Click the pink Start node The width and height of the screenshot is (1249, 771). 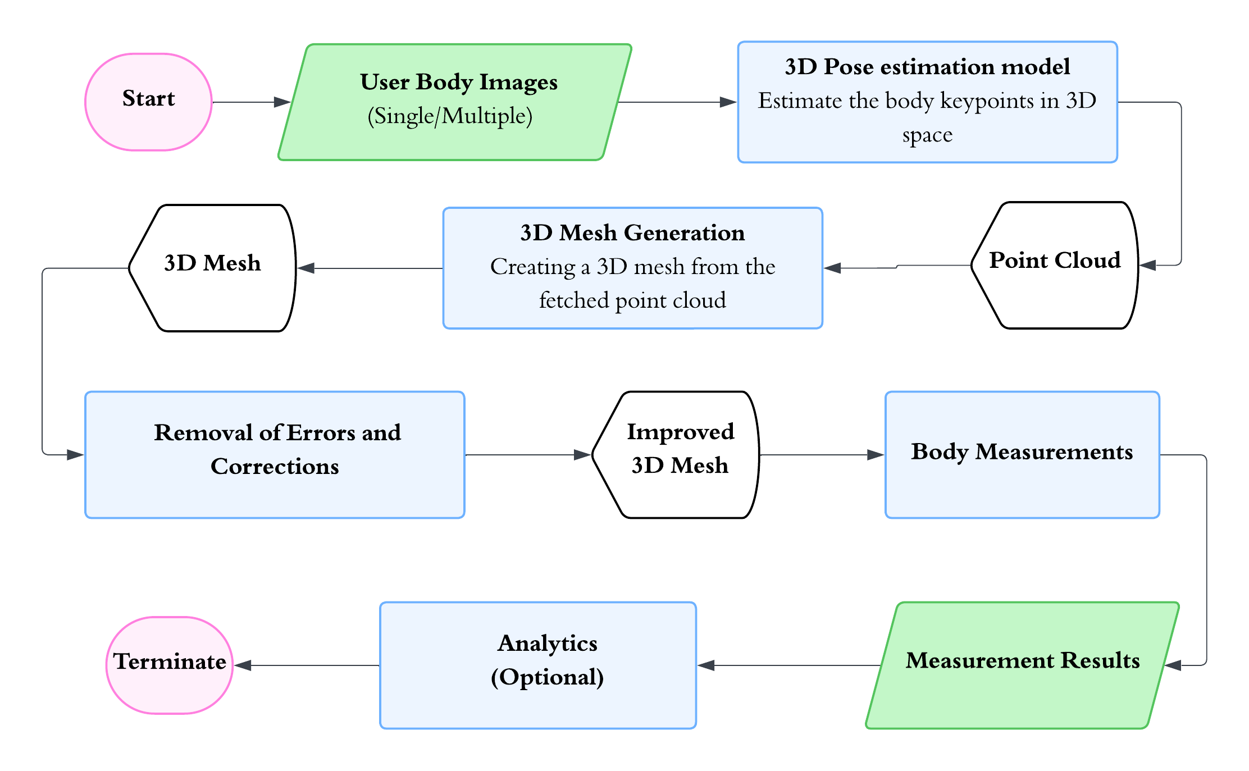pos(148,102)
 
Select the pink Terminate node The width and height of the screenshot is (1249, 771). pos(169,665)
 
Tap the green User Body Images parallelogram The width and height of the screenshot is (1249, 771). pos(455,102)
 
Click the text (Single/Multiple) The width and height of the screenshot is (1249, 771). pos(449,116)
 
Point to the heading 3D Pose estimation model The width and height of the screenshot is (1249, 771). pos(927,67)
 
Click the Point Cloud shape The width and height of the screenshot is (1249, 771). pos(1055,265)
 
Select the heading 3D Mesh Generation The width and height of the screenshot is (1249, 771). pos(632,232)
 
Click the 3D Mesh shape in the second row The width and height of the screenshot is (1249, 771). pos(212,268)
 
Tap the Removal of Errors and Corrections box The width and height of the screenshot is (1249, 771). pos(275,454)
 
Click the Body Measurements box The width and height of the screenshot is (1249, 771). pos(1022,454)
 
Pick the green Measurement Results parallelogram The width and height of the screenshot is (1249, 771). pos(1022,665)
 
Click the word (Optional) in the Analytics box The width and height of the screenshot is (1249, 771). pos(547,677)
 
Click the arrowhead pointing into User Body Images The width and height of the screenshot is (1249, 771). pos(282,102)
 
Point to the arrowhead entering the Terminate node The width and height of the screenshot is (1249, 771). pos(243,665)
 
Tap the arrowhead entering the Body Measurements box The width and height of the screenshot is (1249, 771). pos(876,455)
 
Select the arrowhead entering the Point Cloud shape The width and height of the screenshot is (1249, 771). pos(1147,265)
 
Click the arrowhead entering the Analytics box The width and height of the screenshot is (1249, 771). pos(706,665)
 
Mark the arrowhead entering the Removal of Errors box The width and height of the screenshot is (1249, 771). pos(75,455)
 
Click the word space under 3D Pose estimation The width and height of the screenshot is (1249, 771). pos(927,135)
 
